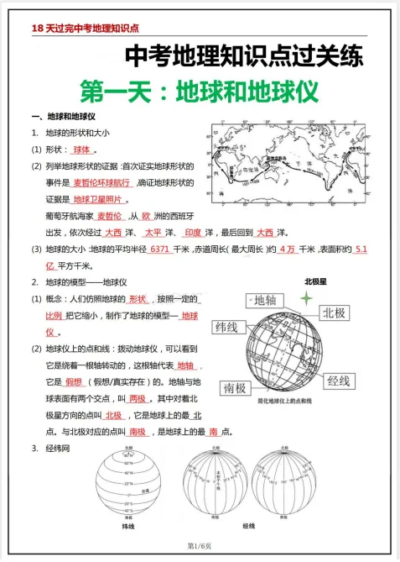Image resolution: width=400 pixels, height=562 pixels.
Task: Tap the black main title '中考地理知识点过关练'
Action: [244, 57]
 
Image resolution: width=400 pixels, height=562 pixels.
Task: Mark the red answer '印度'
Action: [193, 233]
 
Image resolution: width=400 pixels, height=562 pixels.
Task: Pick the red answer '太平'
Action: [153, 233]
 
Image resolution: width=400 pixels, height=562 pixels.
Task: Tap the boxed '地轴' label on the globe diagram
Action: [270, 301]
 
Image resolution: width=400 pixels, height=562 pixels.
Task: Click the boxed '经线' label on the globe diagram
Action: [338, 381]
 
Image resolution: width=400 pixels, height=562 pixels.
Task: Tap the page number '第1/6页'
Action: [200, 546]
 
